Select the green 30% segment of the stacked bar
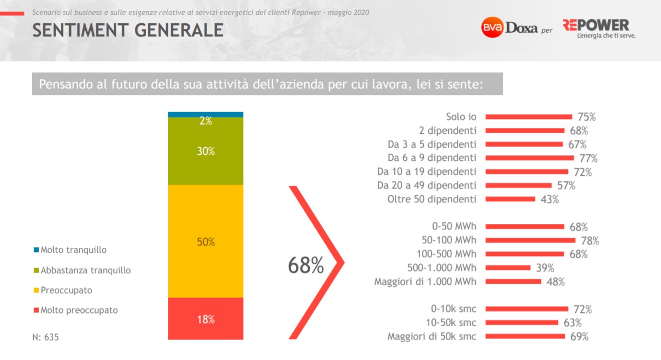point(205,151)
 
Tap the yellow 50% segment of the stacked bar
point(205,242)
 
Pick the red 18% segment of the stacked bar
point(205,319)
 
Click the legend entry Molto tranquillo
point(73,250)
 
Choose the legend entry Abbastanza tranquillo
point(85,270)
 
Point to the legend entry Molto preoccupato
point(79,310)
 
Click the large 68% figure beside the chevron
point(305,266)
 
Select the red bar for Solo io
point(528,117)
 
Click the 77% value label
point(589,158)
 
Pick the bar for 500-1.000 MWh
point(508,268)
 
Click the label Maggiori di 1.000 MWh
point(425,281)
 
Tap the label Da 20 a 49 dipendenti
point(426,185)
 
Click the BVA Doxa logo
point(509,28)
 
